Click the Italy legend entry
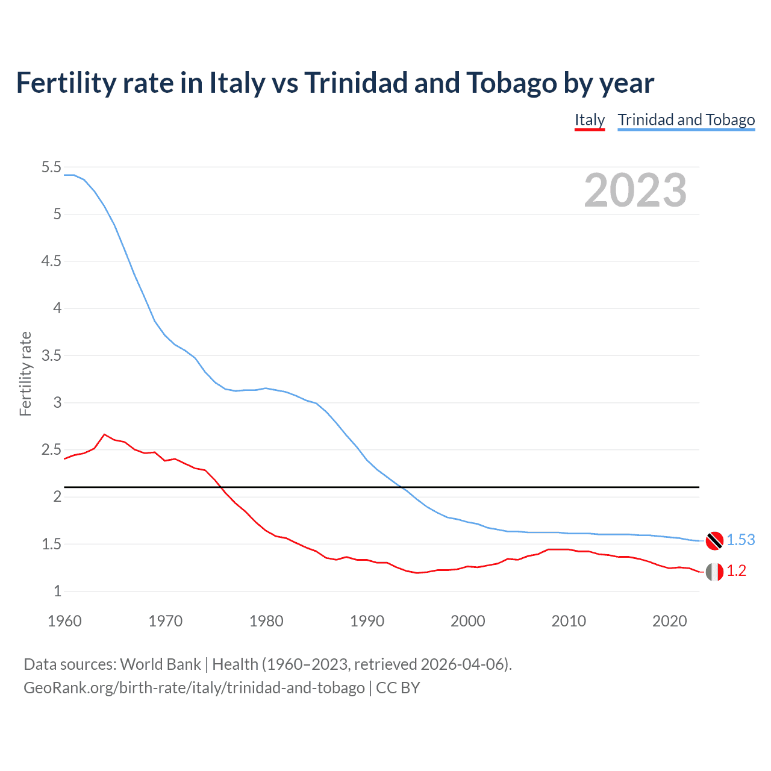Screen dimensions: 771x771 tap(589, 120)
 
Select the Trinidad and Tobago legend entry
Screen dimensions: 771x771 tap(686, 120)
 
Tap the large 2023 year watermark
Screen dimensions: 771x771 tap(635, 190)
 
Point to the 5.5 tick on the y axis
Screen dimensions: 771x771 tap(52, 167)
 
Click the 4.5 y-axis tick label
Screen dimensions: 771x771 tap(52, 261)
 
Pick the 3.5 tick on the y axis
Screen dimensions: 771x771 tap(52, 355)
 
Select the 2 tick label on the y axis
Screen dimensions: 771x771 tap(58, 496)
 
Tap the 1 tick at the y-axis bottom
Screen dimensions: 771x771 tap(58, 591)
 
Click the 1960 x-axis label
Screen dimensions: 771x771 tap(64, 621)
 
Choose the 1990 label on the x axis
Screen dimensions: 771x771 tap(367, 621)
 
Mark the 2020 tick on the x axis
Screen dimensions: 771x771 tap(669, 621)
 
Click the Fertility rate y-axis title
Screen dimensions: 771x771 tap(25, 373)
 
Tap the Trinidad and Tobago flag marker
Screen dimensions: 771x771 tap(714, 540)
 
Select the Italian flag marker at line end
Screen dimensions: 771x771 tap(714, 572)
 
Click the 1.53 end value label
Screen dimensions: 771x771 tap(740, 540)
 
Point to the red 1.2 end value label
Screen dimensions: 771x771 tap(736, 571)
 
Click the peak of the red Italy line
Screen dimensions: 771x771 tap(104, 434)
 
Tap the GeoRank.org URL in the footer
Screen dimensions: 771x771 tap(194, 687)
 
